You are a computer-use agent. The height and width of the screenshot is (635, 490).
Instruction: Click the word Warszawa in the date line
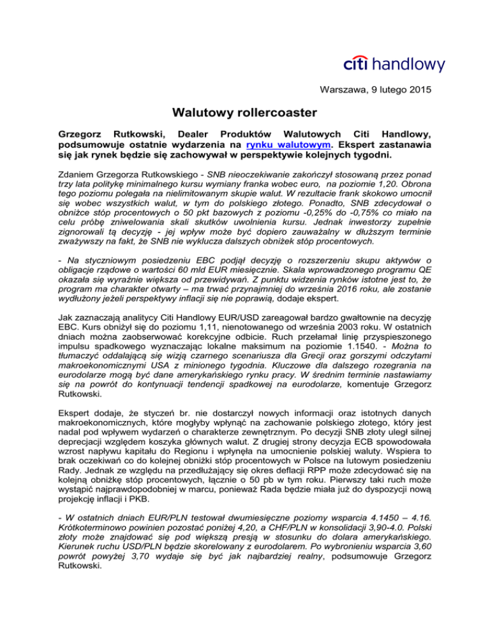[x=342, y=89]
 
